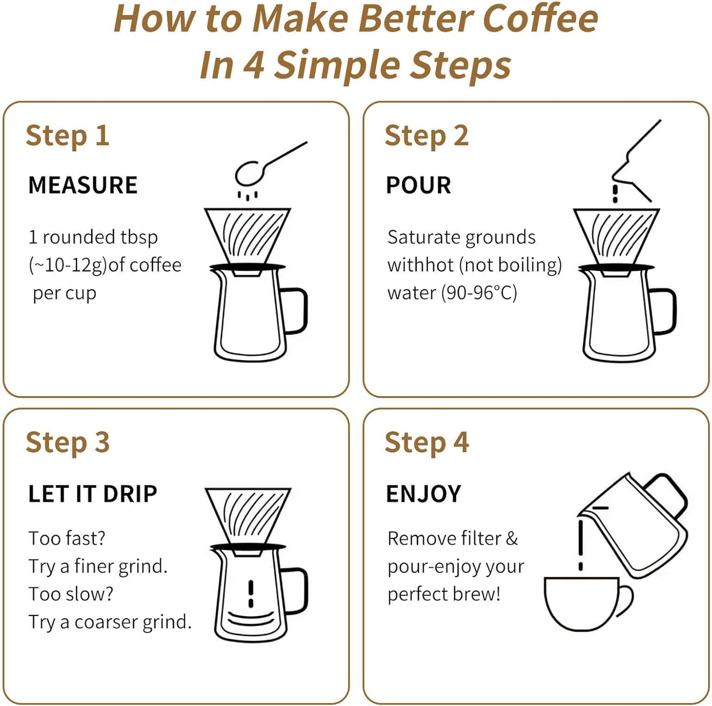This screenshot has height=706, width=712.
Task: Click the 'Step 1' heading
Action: tap(68, 136)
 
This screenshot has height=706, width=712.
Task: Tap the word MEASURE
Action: tap(83, 186)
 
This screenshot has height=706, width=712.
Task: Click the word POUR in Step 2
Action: tap(418, 186)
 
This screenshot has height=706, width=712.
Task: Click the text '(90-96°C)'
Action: tap(478, 293)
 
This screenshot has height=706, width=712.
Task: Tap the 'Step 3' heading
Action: tap(68, 443)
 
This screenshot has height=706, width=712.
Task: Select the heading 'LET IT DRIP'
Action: tap(93, 494)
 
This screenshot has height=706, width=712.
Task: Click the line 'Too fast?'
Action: tap(67, 538)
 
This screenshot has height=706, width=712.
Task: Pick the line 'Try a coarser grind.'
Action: tap(109, 622)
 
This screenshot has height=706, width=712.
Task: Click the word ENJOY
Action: tap(424, 494)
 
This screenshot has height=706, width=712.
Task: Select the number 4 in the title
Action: tap(254, 65)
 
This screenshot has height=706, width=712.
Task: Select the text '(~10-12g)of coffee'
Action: tap(105, 266)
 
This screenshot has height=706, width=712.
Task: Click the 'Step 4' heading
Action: tap(427, 443)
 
